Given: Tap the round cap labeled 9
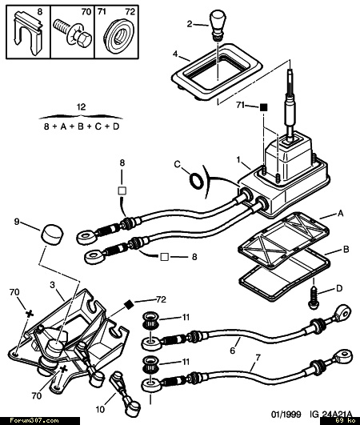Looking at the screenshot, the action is click(52, 235).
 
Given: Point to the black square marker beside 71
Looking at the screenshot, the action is click(263, 107).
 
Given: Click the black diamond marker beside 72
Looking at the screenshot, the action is click(129, 305).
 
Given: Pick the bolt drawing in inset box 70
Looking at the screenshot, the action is click(73, 34).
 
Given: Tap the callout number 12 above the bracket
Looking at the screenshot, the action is click(81, 106).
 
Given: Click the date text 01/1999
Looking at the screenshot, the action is click(286, 415).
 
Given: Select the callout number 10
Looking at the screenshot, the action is click(100, 409).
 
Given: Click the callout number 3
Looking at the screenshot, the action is click(52, 285).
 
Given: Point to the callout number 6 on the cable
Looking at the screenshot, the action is click(233, 351).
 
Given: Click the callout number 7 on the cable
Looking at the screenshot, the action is click(258, 358).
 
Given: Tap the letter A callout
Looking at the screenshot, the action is click(341, 214).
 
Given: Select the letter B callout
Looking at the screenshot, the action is click(346, 250).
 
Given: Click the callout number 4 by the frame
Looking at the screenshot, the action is click(175, 54).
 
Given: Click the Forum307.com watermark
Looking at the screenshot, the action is click(34, 421).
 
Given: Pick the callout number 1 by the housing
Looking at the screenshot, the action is click(238, 160).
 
